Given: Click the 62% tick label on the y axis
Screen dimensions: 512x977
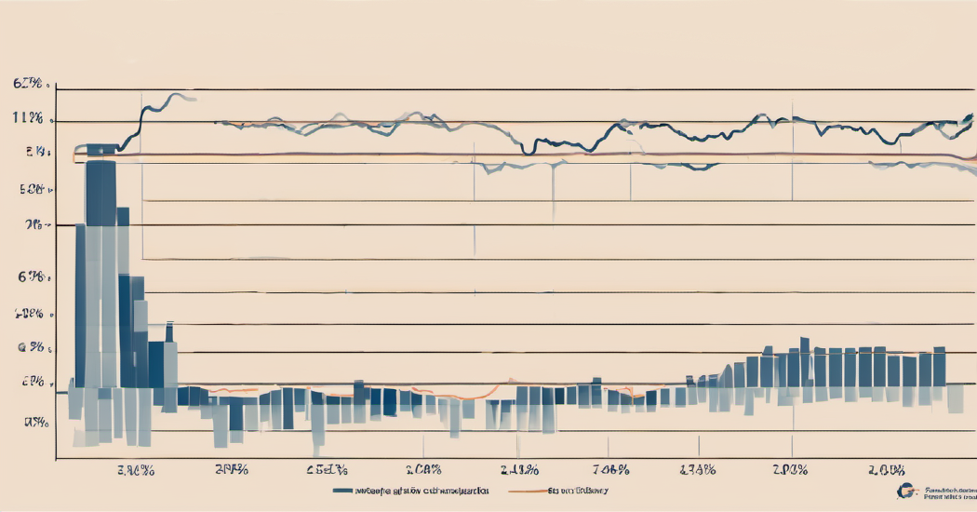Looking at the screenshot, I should click(28, 84).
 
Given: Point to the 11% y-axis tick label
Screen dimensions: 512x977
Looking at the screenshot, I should click(28, 118).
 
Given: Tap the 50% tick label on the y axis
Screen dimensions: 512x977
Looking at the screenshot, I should click(31, 189).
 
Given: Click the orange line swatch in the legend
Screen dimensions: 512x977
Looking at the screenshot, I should click(527, 490).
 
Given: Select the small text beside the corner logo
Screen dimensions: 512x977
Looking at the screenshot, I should click(946, 492).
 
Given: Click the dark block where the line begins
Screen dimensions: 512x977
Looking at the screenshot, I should click(101, 148).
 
